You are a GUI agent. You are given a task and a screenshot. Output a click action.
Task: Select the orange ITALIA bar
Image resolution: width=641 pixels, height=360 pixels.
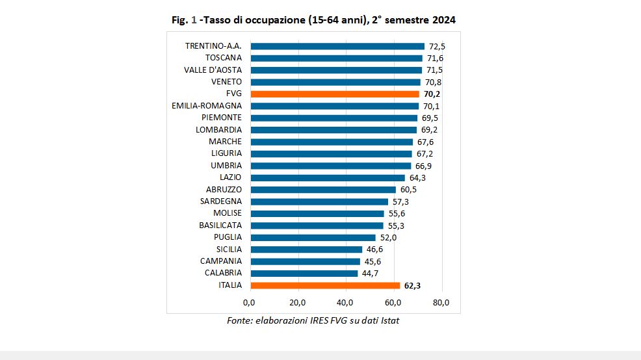(x=325, y=285)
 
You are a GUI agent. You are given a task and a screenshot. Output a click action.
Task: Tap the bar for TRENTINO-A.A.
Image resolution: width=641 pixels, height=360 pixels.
(x=337, y=46)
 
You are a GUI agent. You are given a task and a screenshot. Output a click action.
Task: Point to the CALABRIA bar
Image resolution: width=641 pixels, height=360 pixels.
(x=304, y=273)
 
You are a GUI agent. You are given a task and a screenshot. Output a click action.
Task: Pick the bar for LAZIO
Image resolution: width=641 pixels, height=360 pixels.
(x=328, y=177)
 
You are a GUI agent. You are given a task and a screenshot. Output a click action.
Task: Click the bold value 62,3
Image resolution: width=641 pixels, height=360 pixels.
(x=412, y=285)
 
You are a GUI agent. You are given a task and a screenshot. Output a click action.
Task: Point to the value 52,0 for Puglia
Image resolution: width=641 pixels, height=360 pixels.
(x=387, y=237)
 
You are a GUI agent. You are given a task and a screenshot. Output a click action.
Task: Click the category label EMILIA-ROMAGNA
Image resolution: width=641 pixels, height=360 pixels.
(x=207, y=106)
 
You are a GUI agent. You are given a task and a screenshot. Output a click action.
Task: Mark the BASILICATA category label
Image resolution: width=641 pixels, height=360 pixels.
(x=220, y=225)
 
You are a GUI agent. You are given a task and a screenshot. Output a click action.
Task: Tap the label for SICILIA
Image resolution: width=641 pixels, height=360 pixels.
(x=229, y=249)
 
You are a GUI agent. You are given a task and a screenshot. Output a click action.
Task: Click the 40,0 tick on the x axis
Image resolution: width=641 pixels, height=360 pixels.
(x=345, y=302)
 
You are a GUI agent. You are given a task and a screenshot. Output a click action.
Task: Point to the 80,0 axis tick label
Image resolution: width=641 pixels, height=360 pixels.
(x=441, y=302)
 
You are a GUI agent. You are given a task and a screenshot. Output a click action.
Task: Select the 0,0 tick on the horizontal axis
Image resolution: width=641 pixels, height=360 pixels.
(x=249, y=302)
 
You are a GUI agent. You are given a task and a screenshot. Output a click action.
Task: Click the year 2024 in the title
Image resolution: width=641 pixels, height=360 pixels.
(x=443, y=20)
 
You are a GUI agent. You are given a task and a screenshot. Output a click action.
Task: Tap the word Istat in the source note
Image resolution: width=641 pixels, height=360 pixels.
(x=387, y=321)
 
